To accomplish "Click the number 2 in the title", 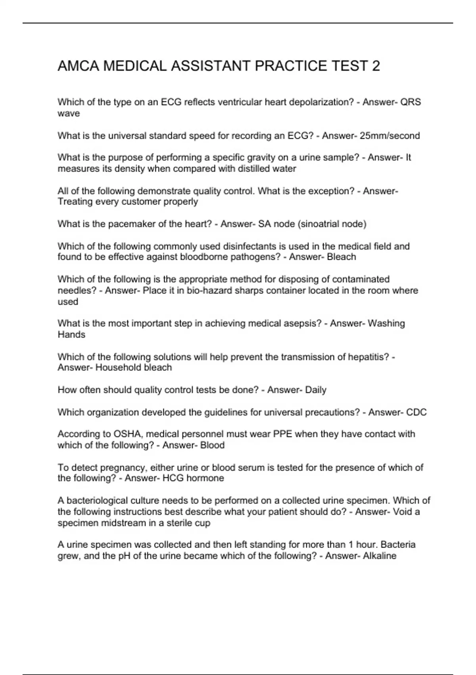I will [x=375, y=66].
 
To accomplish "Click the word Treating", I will [x=75, y=202].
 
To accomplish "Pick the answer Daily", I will [x=316, y=390].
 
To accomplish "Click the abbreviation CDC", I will [x=416, y=412].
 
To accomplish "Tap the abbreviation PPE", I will [x=282, y=434].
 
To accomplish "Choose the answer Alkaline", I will [x=380, y=556].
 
